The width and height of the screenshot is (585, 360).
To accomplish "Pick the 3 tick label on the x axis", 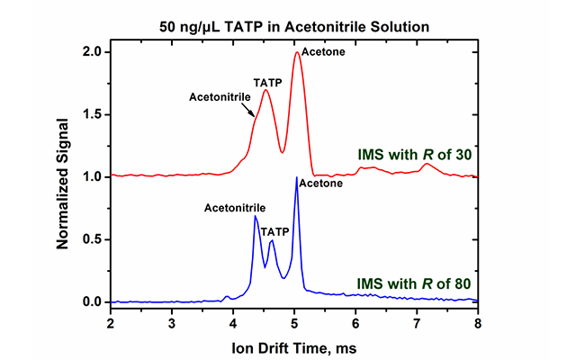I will click(x=172, y=322).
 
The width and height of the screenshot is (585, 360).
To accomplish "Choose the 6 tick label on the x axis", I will click(x=355, y=322).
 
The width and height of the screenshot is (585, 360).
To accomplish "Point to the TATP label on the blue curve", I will click(x=275, y=232).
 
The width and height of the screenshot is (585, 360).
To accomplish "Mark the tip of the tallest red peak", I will click(x=297, y=52).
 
